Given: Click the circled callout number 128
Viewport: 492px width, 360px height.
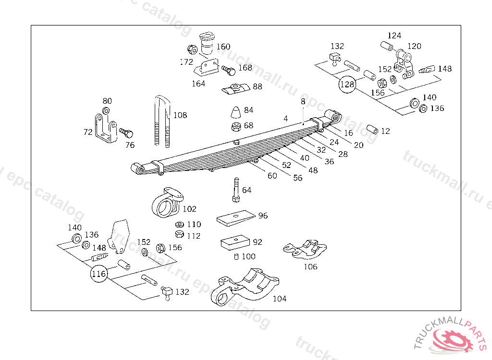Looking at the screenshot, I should coord(347,84).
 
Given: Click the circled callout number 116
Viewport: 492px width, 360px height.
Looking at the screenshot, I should coord(98,274).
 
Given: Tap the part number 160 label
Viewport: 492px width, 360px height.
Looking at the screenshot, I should coord(223,47).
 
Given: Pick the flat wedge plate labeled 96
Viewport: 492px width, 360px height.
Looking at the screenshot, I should coord(235,218).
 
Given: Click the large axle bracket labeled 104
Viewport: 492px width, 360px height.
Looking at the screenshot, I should coord(245,289).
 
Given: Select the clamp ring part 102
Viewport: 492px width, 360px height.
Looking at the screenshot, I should coord(166,204).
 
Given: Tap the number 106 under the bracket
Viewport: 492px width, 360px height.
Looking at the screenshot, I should coord(310,267).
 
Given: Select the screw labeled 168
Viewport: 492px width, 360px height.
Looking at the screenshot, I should coord(228,70).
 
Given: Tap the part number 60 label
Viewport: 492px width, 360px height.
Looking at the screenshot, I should coord(272,176).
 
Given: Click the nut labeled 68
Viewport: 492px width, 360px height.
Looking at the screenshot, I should coord(235,127).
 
